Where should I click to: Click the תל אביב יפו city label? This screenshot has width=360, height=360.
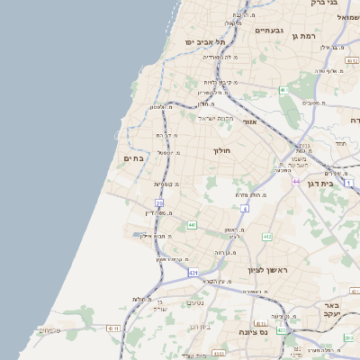205,41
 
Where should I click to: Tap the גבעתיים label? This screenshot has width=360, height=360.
269,31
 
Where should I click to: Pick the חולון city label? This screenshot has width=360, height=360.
222,150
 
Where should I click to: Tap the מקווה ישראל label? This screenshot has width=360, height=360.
214,118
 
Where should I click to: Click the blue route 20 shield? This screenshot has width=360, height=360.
159,204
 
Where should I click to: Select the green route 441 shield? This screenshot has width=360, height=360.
192,225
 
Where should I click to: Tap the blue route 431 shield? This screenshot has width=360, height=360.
193,271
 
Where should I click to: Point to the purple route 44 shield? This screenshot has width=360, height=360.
296,181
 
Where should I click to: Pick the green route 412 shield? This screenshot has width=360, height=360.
267,236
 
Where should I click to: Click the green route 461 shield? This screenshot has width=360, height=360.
283,90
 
